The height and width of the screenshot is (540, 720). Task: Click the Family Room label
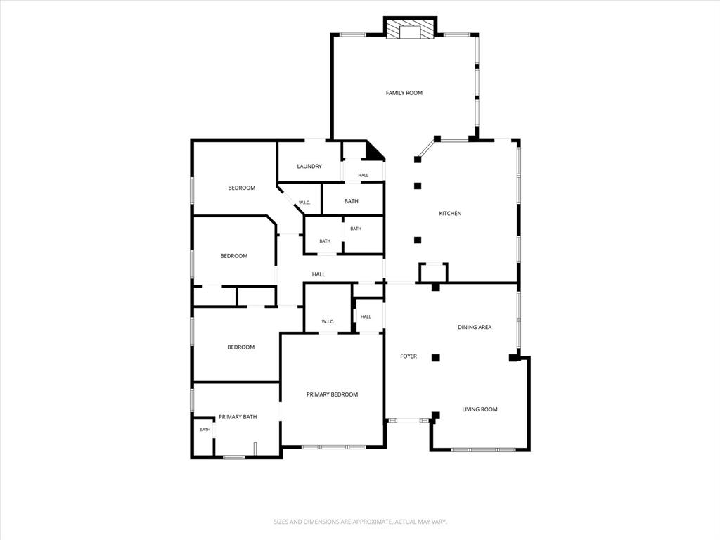point(404,93)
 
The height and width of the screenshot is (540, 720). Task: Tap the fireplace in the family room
point(410,29)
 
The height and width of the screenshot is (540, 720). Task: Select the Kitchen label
point(450,214)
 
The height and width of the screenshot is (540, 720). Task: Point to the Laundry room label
point(309,166)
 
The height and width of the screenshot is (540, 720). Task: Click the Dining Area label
point(475,328)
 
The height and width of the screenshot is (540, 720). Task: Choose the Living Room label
point(480,409)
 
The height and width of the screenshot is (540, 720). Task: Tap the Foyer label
point(409,356)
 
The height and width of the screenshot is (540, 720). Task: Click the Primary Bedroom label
point(333,394)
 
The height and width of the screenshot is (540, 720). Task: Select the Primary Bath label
point(238,417)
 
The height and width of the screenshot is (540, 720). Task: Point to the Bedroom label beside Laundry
point(242,188)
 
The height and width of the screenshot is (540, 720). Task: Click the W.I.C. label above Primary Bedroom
point(328,321)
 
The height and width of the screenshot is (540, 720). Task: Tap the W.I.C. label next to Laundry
point(305,202)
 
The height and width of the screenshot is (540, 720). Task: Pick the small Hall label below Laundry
point(364,175)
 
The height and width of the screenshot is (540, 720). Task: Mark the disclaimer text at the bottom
point(361,522)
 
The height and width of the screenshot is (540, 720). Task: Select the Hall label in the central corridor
point(319,274)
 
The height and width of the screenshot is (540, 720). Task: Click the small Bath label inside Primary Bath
point(205,430)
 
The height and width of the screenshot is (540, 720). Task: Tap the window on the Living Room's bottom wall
point(480,449)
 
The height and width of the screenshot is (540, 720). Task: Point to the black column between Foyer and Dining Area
point(436,358)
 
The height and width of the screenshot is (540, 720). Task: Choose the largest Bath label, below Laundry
point(352,201)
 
